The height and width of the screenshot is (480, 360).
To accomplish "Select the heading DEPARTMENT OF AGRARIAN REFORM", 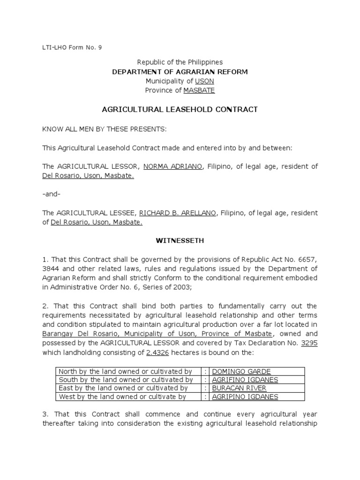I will (x=180, y=72).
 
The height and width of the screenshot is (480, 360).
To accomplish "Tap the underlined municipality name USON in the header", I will (x=204, y=81).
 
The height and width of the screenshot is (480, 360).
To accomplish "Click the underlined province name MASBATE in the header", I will (x=199, y=90).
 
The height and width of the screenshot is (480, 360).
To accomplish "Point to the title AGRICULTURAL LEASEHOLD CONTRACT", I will (x=180, y=110).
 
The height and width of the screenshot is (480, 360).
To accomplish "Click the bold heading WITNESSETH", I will (x=180, y=241).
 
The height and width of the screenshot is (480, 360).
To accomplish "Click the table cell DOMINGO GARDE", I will (x=241, y=372).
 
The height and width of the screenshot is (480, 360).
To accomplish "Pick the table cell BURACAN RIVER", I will (x=240, y=388).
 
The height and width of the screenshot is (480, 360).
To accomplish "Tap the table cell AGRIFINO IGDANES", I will (x=245, y=380).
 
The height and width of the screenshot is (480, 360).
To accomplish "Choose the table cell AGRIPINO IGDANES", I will (x=245, y=397).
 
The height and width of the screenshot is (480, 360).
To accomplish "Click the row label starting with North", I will (x=125, y=372).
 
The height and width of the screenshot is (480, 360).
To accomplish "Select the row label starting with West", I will (x=122, y=397).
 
